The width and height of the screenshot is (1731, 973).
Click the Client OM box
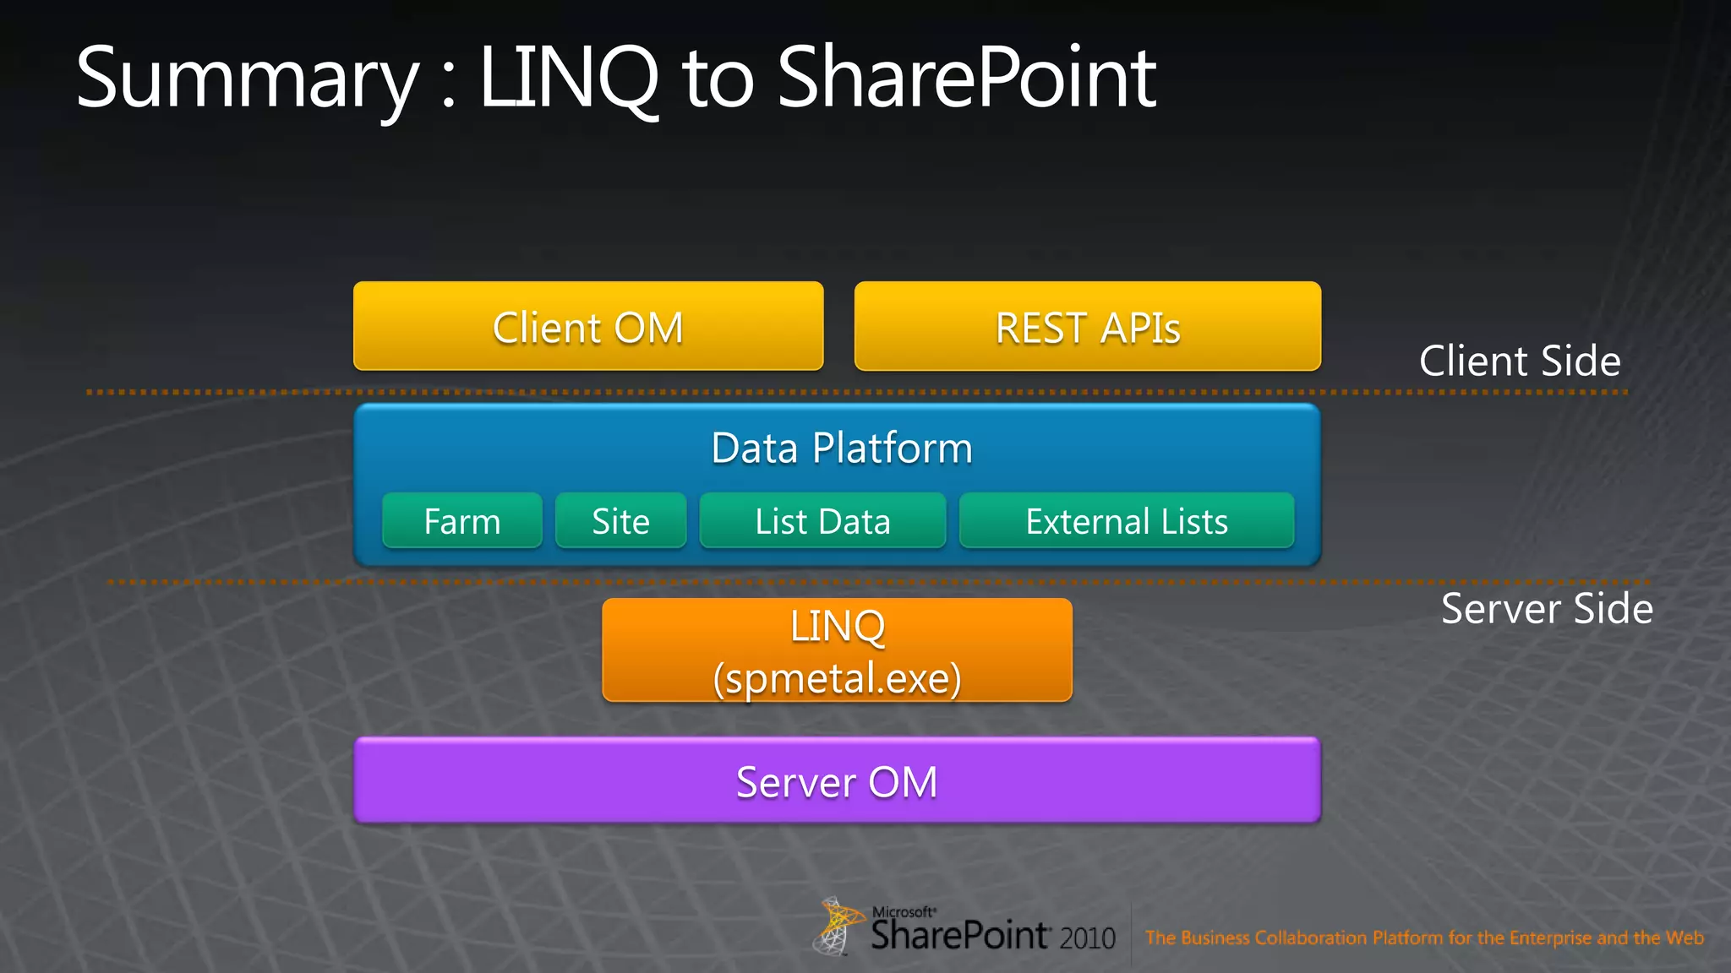[588, 327]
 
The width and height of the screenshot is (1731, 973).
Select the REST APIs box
[1087, 327]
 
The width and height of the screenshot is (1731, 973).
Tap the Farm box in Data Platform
[462, 521]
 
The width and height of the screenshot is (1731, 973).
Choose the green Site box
[620, 521]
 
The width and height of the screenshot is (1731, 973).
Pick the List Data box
[822, 521]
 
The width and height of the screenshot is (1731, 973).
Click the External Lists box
[1127, 521]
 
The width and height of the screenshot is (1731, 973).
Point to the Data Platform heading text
[842, 448]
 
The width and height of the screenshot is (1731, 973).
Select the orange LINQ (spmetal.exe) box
[837, 650]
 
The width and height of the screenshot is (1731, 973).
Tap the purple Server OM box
[837, 781]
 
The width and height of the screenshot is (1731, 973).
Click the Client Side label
[1520, 361]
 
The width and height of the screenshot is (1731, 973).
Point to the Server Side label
[1547, 608]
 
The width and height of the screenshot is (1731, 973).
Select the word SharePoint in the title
[966, 79]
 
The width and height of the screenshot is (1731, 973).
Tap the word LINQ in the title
[568, 79]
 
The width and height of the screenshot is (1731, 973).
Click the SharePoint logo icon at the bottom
[837, 927]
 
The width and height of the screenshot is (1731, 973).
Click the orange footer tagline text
[1424, 938]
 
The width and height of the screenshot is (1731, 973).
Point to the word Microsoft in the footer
[903, 912]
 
